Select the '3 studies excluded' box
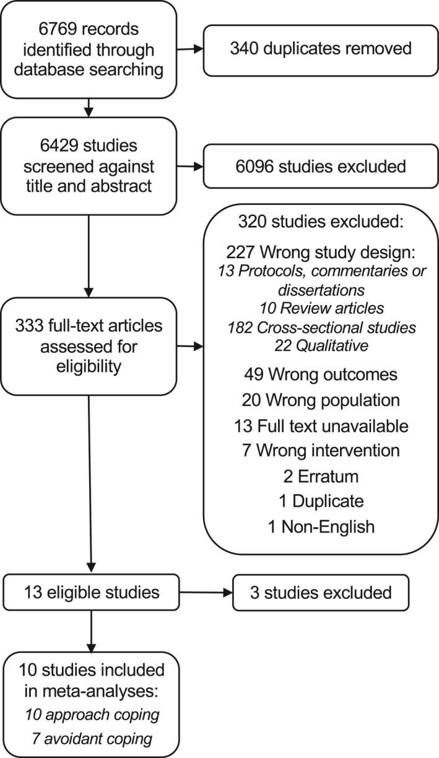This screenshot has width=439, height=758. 321,592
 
